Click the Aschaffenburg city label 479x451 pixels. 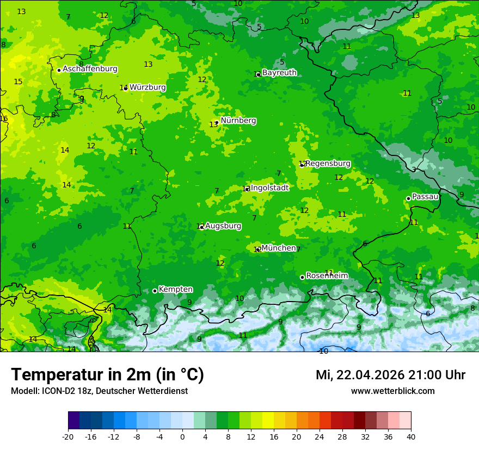pos(90,69)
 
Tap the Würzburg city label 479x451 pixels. pos(148,87)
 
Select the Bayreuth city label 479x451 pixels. pos(279,73)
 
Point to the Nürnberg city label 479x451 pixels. pos(238,121)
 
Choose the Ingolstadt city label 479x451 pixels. pos(269,188)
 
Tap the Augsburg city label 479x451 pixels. pos(223,226)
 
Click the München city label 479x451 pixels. pos(279,248)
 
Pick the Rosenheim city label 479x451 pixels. pos(327,276)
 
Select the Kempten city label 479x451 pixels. pos(175,290)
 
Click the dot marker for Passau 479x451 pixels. pos(408,198)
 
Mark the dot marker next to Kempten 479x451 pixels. pos(155,291)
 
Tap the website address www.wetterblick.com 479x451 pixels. pos(392,391)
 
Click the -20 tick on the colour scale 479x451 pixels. pos(68,437)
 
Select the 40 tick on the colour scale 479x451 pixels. pos(411,437)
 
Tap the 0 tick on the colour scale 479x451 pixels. pos(182,437)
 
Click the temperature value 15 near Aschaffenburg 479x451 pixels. pos(18,82)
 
